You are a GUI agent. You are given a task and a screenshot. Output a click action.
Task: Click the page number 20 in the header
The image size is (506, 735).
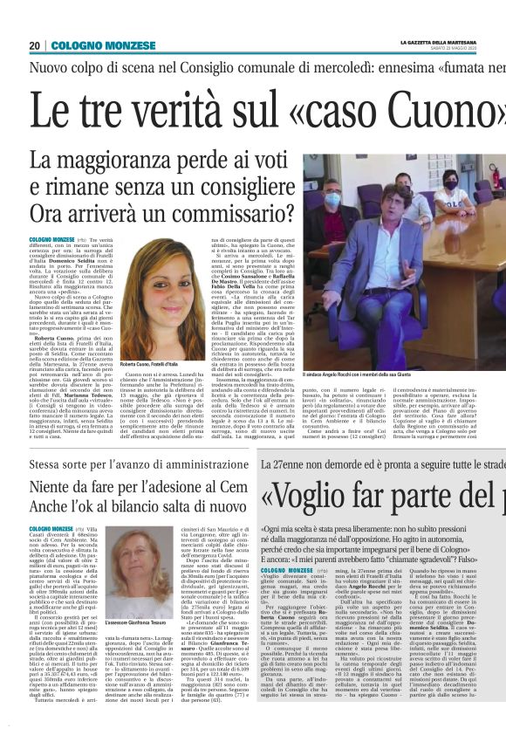[34, 45]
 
